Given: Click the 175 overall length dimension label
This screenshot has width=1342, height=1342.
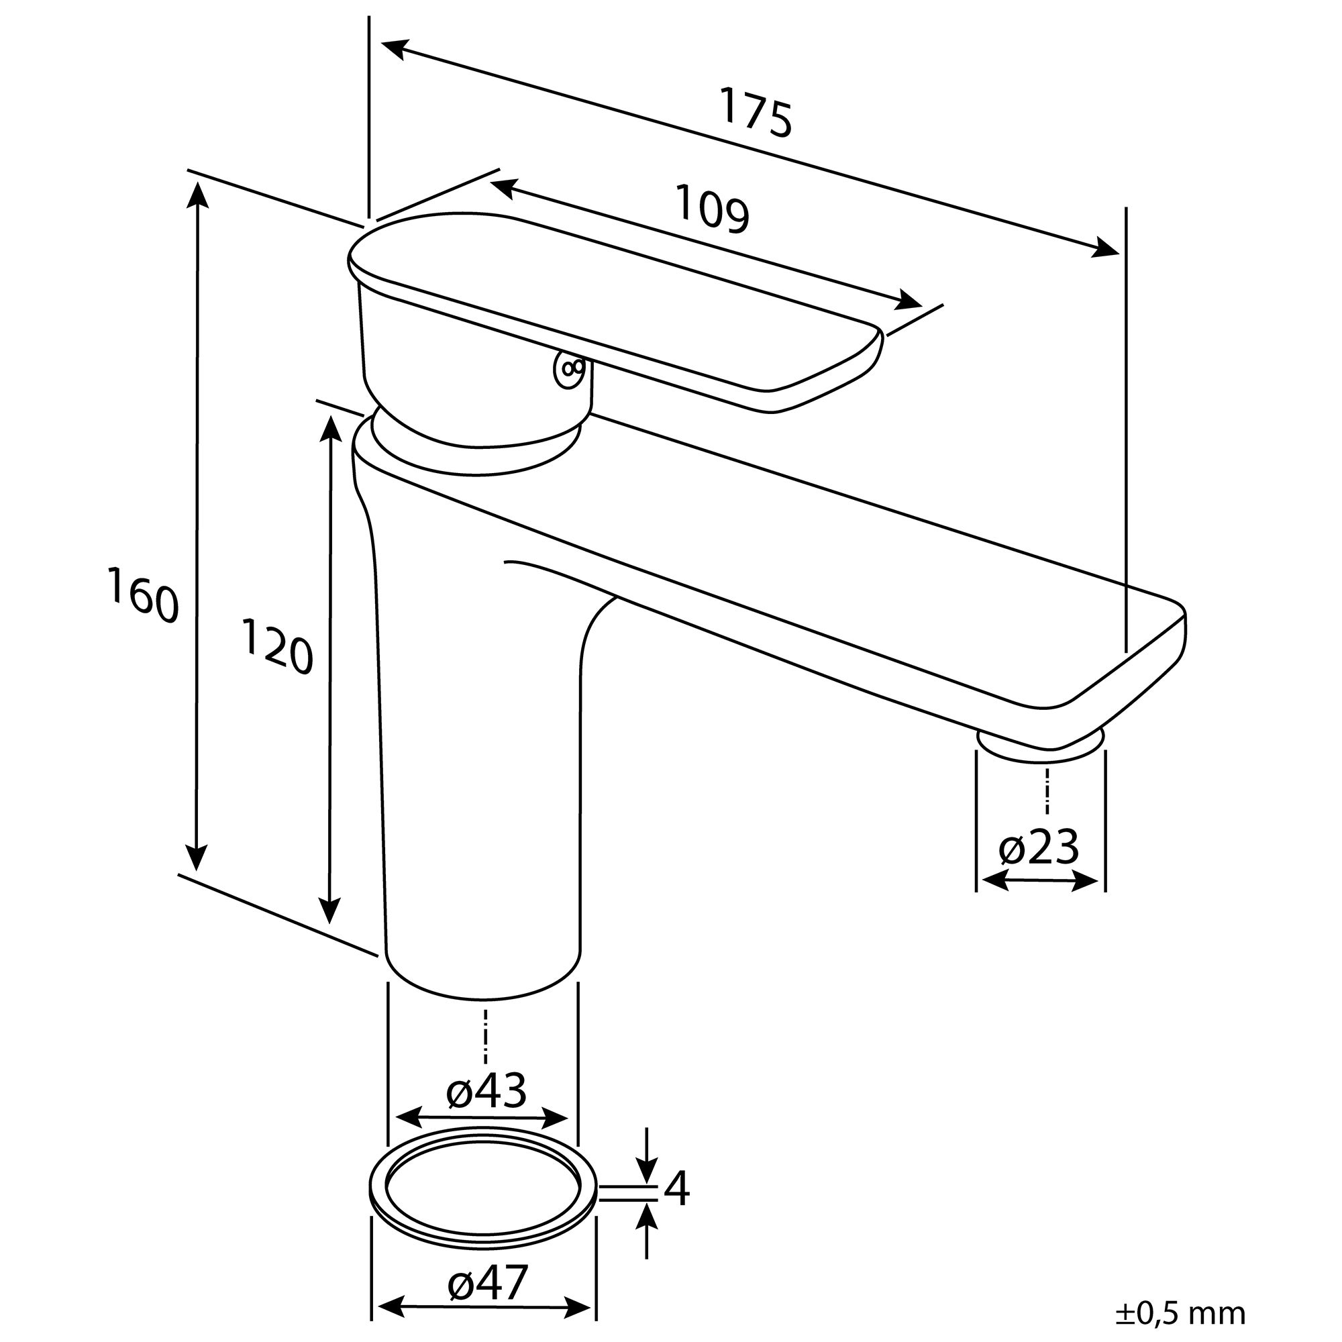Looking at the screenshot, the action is (755, 112).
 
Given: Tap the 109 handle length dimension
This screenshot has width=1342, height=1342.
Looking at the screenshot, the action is (713, 206).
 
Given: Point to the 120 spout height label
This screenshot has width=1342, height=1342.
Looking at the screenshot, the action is (277, 647).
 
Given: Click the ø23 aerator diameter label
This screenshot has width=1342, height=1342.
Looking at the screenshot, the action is (1039, 847).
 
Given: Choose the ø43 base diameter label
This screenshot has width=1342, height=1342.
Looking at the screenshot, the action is (486, 1091).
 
